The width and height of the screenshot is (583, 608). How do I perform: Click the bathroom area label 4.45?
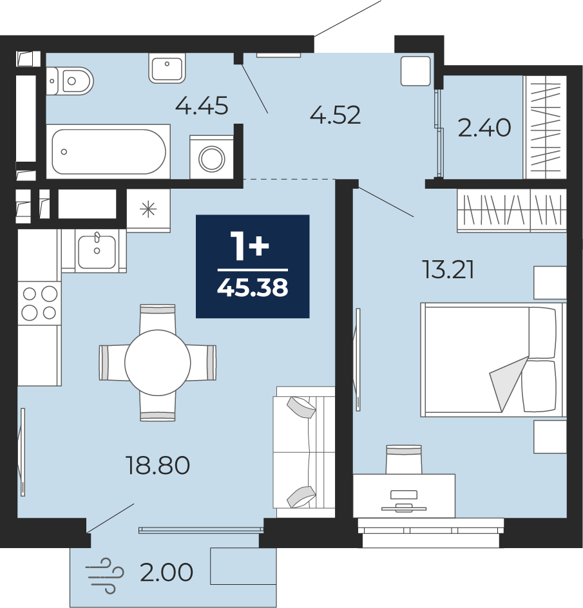tap(202, 106)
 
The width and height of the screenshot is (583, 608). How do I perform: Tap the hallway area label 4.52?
tap(335, 115)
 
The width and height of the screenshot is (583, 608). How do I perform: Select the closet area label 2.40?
tap(484, 128)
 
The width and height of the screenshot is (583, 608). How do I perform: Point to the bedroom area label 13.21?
tap(448, 270)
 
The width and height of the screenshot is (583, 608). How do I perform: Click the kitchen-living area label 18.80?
tap(157, 465)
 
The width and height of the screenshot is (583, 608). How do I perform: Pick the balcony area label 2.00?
tap(166, 573)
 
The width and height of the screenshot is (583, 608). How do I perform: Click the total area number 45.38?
tap(253, 288)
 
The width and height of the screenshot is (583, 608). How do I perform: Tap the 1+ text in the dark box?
tap(249, 245)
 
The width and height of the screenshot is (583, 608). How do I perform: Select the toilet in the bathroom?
tap(70, 81)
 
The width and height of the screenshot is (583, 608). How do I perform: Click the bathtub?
tap(109, 151)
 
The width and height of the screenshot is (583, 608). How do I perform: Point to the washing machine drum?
tap(212, 158)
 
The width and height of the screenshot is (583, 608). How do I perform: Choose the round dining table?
tap(157, 363)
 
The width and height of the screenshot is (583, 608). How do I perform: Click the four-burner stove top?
tap(39, 303)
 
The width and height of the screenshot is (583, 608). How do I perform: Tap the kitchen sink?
tap(97, 251)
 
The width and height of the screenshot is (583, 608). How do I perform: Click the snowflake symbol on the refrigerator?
tap(148, 210)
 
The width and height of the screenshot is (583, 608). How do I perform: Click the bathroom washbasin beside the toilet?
tap(167, 68)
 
